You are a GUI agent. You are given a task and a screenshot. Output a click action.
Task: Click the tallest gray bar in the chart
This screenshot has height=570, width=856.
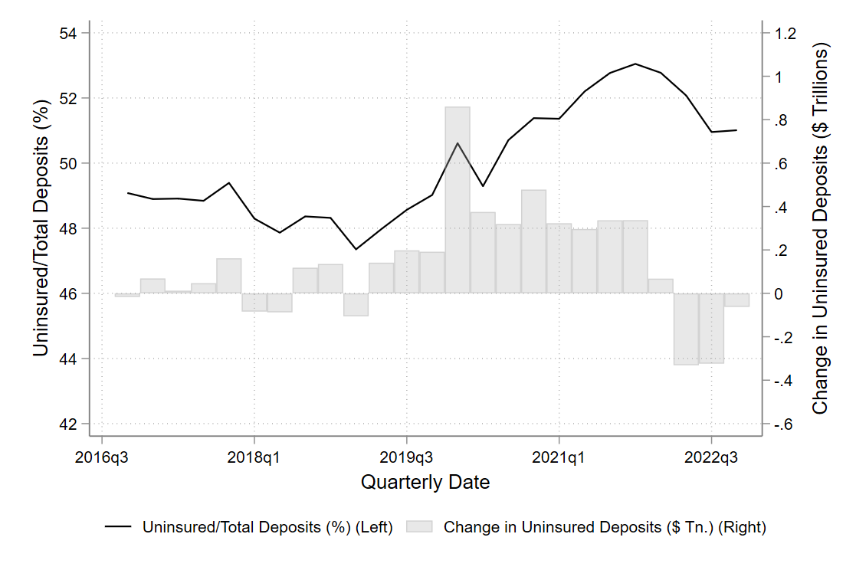pos(458,199)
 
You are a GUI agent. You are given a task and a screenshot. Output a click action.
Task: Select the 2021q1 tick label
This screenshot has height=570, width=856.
pos(559,458)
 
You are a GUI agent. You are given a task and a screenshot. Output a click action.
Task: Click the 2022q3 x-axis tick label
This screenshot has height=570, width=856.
pos(711,458)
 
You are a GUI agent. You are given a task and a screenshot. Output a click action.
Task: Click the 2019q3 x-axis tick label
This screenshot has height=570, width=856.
pos(406,458)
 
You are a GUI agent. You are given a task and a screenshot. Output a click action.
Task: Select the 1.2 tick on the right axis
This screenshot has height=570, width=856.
pos(785,34)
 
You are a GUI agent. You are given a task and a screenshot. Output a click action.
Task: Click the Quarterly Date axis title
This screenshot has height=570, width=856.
pos(425,483)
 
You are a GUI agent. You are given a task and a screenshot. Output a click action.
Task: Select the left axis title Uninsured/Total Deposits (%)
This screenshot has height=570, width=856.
pos(42,228)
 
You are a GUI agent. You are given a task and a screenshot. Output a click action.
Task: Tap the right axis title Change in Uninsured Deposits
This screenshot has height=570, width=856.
pos(821,228)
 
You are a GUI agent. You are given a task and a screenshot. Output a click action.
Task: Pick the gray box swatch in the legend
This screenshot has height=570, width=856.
pos(420,527)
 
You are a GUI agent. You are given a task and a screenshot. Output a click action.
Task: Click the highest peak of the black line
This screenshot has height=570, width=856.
pos(635,64)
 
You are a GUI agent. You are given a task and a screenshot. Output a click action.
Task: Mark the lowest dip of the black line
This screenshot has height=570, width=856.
pos(356,248)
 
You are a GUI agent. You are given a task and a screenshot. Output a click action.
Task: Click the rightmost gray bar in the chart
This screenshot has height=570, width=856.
pos(736,300)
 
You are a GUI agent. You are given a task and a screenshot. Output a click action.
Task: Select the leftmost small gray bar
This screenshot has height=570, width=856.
pos(127,295)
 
